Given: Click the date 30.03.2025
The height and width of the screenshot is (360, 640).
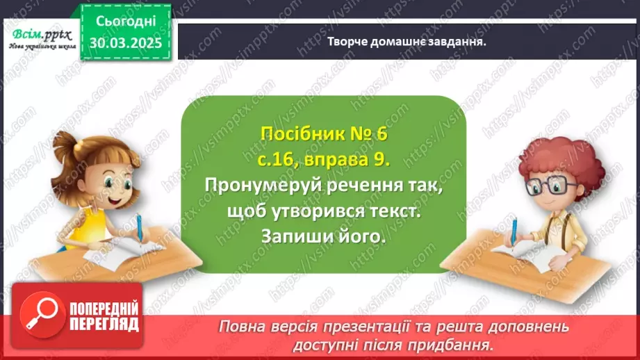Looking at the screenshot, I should coord(126,43).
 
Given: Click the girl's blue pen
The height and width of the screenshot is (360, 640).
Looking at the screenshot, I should coord(139,230).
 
